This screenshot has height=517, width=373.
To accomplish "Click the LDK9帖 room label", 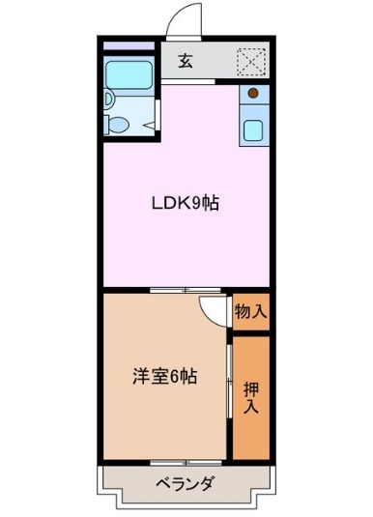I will (x=183, y=203).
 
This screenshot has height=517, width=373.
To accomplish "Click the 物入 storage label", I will (x=250, y=311).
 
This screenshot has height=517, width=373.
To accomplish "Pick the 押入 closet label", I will (x=250, y=398).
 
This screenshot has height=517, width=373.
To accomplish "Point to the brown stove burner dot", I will (x=253, y=94).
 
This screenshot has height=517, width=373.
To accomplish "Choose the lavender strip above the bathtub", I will (x=129, y=45).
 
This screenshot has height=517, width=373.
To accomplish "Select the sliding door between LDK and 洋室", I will (x=190, y=290).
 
